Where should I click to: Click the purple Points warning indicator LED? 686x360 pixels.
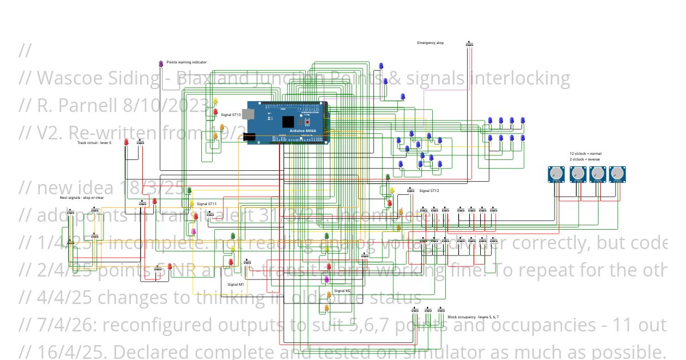[161, 63]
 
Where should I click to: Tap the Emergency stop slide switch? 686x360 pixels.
[470, 44]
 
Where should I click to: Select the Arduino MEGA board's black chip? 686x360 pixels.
[288, 122]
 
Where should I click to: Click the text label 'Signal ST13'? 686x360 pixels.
[231, 115]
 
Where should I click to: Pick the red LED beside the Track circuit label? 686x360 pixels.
[126, 142]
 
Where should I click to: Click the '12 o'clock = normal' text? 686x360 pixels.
[585, 154]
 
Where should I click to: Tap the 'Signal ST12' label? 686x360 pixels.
[429, 191]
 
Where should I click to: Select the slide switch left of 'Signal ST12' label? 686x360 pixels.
[410, 190]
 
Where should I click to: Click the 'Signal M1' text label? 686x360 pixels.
[236, 284]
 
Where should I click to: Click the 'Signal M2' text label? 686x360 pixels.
[343, 291]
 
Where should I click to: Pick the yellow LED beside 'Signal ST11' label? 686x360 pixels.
[192, 203]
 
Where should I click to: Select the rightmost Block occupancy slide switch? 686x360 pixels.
[441, 310]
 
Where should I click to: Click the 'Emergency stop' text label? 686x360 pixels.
[430, 43]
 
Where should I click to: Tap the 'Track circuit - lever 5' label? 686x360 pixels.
[94, 143]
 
